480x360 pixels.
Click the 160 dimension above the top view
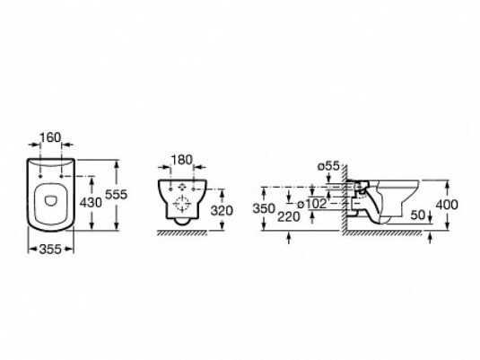point(50,137)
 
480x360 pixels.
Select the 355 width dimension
point(50,250)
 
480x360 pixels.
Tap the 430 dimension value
point(91,203)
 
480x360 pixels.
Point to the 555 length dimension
point(116,195)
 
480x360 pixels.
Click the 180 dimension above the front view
point(181,160)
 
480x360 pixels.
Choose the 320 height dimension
point(222,210)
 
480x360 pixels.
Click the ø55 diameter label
point(328,166)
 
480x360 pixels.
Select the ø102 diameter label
point(312,204)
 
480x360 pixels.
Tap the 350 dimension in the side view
point(264,208)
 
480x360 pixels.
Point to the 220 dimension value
point(289,217)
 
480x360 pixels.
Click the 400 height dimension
point(447,205)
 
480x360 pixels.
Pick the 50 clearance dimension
point(418,215)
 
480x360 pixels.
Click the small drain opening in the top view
point(50,201)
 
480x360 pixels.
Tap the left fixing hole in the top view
point(40,176)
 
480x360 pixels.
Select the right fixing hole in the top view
point(62,176)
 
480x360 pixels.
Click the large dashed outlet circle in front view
point(182,204)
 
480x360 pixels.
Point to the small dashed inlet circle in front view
point(182,186)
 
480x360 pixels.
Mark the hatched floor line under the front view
point(182,233)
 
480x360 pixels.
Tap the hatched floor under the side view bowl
point(382,233)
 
